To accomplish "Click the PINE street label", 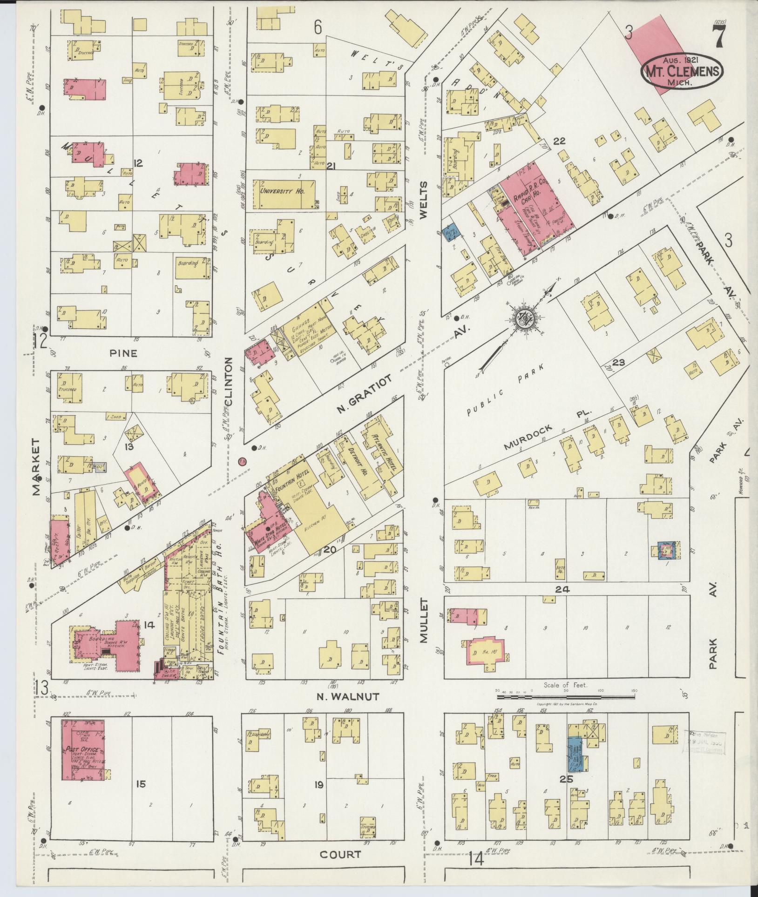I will pyautogui.click(x=123, y=353).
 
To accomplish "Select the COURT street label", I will pyautogui.click(x=340, y=854).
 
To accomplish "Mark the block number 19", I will pyautogui.click(x=318, y=785).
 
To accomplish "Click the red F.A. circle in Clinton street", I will pyautogui.click(x=242, y=461).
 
